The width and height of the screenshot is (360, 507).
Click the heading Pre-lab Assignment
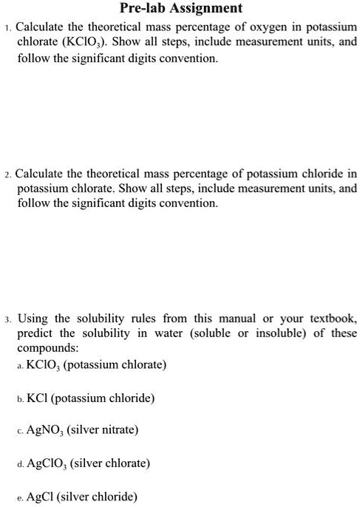point(180,9)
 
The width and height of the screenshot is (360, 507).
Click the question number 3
point(7,319)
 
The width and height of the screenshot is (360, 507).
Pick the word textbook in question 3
point(332,319)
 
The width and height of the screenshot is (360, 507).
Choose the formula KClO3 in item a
point(44,365)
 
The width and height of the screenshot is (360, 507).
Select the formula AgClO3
point(48,463)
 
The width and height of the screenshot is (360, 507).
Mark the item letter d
point(19,464)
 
